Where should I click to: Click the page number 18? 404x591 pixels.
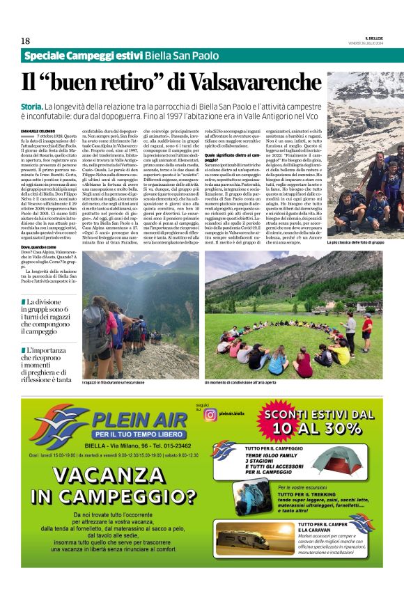tap(26, 40)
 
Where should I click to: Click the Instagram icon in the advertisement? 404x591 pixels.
tap(210, 414)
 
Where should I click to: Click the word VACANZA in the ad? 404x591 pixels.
tap(121, 475)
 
